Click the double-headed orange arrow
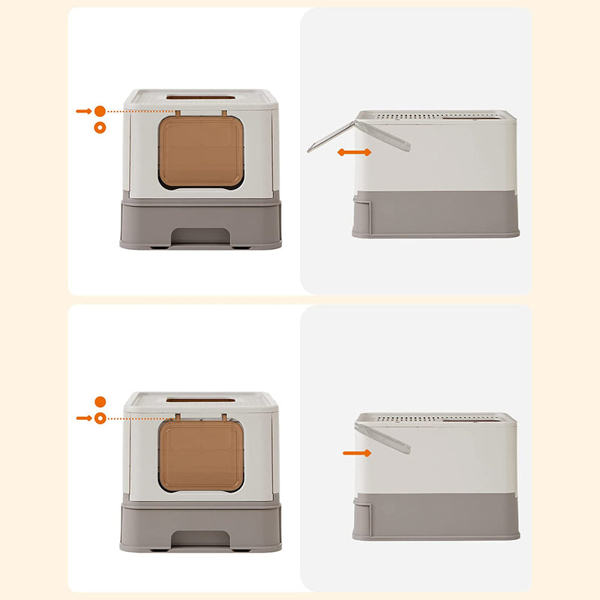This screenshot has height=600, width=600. coord(354,152)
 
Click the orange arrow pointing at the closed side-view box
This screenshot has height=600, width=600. coord(356,452)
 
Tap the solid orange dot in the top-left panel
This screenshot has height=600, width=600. coord(100,111)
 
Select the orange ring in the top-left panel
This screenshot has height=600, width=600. coord(100,127)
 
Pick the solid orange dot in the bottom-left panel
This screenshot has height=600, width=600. coord(100,402)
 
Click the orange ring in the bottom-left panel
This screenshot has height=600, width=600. coord(100,418)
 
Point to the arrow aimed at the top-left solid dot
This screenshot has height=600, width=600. coord(83,111)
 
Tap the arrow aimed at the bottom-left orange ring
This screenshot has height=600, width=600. coord(83,418)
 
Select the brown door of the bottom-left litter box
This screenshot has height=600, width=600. coord(201,455)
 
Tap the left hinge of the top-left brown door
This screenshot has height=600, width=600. coord(178,113)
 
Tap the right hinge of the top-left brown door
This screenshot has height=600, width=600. coord(223,113)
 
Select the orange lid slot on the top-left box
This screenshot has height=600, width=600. coord(199,97)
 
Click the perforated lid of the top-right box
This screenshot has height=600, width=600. coord(435,117)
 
